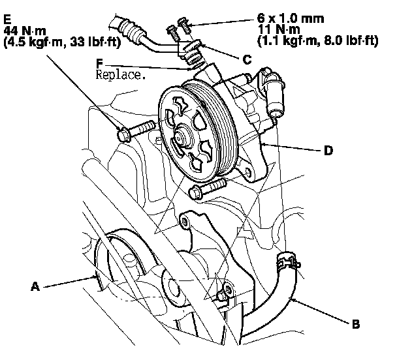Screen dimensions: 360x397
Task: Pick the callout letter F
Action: tap(99, 64)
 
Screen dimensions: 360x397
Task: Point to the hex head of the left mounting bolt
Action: tap(125, 135)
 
